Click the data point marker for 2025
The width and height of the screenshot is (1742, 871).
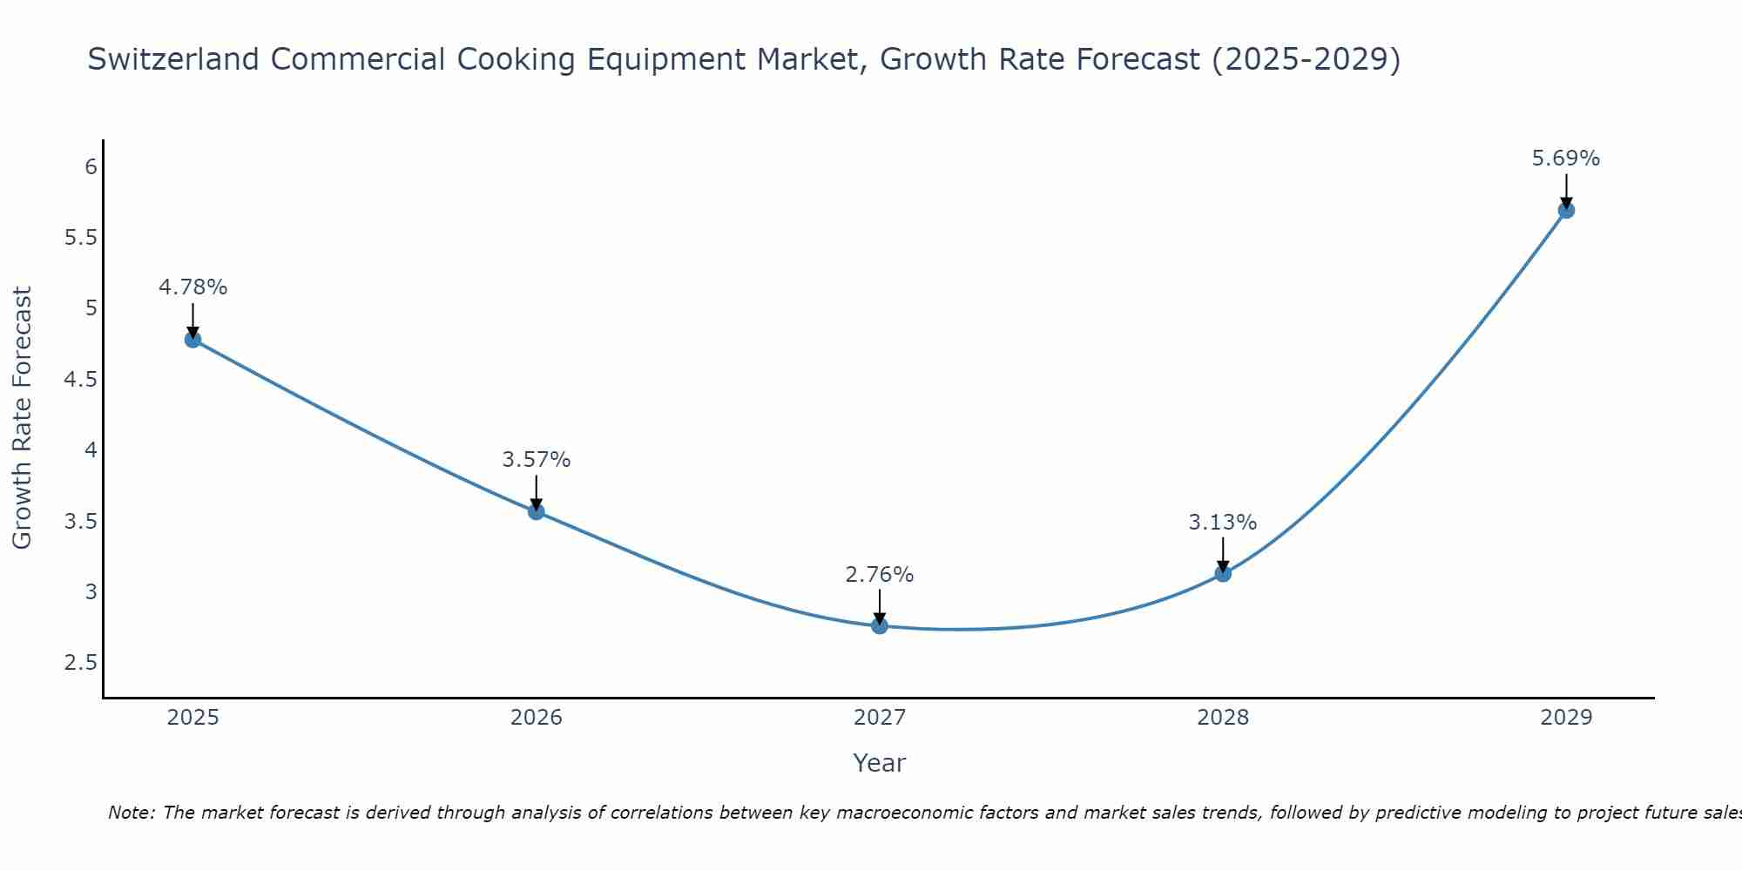click(x=193, y=340)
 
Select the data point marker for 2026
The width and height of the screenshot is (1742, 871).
click(x=537, y=511)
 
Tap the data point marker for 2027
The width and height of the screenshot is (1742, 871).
click(x=880, y=625)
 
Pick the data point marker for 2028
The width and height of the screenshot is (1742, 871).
click(x=1223, y=573)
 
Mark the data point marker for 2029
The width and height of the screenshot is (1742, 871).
click(x=1566, y=210)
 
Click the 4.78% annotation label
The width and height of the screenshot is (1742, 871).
click(x=193, y=287)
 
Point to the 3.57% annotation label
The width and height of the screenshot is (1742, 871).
click(x=537, y=460)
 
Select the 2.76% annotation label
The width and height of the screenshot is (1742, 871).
click(x=880, y=575)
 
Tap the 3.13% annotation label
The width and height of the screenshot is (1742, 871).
click(x=1223, y=523)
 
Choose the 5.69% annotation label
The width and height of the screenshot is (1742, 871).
click(x=1566, y=159)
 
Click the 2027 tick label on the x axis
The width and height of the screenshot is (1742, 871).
click(x=880, y=718)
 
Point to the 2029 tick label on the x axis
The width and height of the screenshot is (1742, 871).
click(x=1566, y=718)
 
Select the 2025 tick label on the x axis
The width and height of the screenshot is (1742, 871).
click(x=193, y=718)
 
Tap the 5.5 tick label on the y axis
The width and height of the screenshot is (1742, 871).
click(x=80, y=238)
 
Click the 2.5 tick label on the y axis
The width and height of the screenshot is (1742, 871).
click(x=80, y=663)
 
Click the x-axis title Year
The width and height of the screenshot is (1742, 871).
click(x=880, y=763)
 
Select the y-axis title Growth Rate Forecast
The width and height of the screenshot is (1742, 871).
click(x=23, y=418)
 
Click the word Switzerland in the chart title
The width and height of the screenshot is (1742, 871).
click(x=173, y=59)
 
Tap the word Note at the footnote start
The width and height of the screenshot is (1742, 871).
click(x=131, y=813)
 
